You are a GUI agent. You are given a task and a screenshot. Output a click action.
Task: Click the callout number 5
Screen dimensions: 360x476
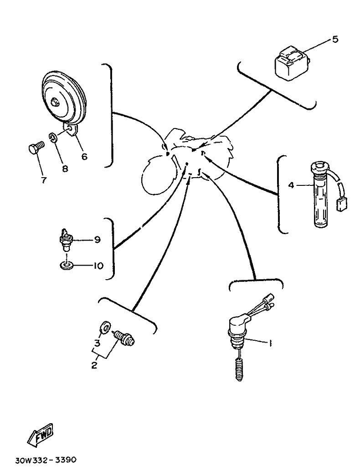tap(335, 40)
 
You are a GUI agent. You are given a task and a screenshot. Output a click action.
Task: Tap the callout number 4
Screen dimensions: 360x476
tap(291, 185)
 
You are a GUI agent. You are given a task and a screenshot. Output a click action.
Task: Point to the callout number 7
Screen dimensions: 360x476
tap(43, 180)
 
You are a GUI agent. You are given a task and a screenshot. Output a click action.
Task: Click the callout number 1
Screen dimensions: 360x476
tap(269, 343)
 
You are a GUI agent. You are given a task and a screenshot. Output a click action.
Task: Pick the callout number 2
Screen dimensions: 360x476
tap(94, 365)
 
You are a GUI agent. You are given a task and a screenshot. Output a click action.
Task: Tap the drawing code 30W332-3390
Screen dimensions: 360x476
tap(46, 460)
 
